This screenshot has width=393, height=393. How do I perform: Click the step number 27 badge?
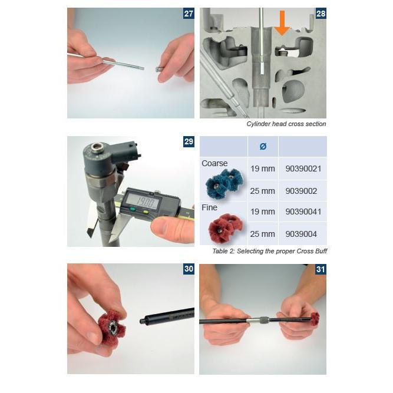point(189,14)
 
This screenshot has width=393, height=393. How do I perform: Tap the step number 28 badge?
point(321,14)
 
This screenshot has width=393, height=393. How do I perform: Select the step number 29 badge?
point(189,141)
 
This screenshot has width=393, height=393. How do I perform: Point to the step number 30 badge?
point(189,269)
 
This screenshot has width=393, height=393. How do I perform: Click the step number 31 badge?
point(321,269)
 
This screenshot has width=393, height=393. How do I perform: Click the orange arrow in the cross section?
point(282,23)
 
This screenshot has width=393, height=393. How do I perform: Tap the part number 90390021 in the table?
point(303,169)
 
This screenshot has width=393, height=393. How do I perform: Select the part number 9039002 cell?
point(301,191)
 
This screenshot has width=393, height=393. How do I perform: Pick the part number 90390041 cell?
point(303,212)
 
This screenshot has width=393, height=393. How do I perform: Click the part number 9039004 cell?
point(301,234)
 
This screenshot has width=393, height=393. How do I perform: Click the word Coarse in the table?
point(214,163)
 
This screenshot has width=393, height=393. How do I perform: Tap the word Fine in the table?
point(209,207)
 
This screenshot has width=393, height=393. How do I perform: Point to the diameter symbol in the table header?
point(263,146)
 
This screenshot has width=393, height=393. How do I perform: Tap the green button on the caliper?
point(133,210)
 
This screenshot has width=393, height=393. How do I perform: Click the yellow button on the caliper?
point(145,212)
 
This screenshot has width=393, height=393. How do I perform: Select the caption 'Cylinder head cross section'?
point(286,124)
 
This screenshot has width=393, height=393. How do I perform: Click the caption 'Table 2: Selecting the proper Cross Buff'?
point(270,251)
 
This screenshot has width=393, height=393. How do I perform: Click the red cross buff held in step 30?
point(112,325)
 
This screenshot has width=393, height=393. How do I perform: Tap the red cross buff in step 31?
point(315,319)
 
